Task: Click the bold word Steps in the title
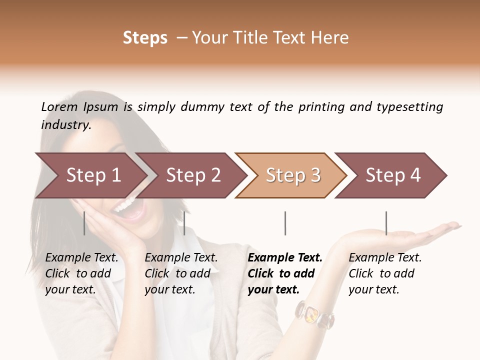pyautogui.click(x=145, y=38)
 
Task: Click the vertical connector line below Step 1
pyautogui.click(x=84, y=223)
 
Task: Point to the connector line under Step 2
pyautogui.click(x=184, y=223)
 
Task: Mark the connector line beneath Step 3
pyautogui.click(x=285, y=223)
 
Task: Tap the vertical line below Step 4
pyautogui.click(x=386, y=223)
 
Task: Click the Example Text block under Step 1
pyautogui.click(x=81, y=273)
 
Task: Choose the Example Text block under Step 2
pyautogui.click(x=181, y=273)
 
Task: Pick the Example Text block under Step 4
pyautogui.click(x=385, y=273)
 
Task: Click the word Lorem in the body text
pyautogui.click(x=59, y=107)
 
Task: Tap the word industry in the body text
pyautogui.click(x=65, y=125)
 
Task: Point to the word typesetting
pyautogui.click(x=409, y=107)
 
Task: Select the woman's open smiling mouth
pyautogui.click(x=124, y=209)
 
